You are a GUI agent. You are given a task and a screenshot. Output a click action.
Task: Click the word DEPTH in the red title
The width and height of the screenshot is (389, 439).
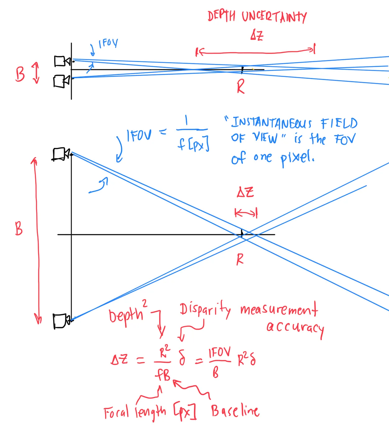[221, 16]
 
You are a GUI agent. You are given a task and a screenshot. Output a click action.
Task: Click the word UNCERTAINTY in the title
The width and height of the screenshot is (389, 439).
[274, 17]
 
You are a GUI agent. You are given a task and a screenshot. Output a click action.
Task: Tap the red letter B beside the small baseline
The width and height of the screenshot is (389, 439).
[20, 75]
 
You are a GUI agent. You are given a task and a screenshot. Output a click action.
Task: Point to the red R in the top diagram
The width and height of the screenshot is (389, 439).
[241, 87]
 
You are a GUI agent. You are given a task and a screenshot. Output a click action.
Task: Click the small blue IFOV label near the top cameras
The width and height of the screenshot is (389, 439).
[108, 43]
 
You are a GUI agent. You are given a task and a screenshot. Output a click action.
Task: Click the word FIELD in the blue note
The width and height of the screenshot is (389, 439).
[339, 123]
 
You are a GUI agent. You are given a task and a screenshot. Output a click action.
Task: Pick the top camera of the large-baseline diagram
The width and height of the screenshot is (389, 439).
[61, 154]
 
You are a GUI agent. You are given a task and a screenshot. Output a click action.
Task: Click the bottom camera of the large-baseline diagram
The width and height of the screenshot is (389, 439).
[61, 321]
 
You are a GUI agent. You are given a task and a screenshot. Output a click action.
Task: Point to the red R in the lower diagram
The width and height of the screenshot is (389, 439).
[240, 259]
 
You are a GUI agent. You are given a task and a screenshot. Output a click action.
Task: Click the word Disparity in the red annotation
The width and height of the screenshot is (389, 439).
[205, 310]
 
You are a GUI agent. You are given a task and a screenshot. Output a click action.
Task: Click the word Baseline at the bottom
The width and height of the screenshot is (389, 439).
[235, 411]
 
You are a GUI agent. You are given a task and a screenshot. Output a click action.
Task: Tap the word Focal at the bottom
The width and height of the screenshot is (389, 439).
[116, 413]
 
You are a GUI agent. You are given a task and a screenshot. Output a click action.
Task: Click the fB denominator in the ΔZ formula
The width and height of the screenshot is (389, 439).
[163, 375]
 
